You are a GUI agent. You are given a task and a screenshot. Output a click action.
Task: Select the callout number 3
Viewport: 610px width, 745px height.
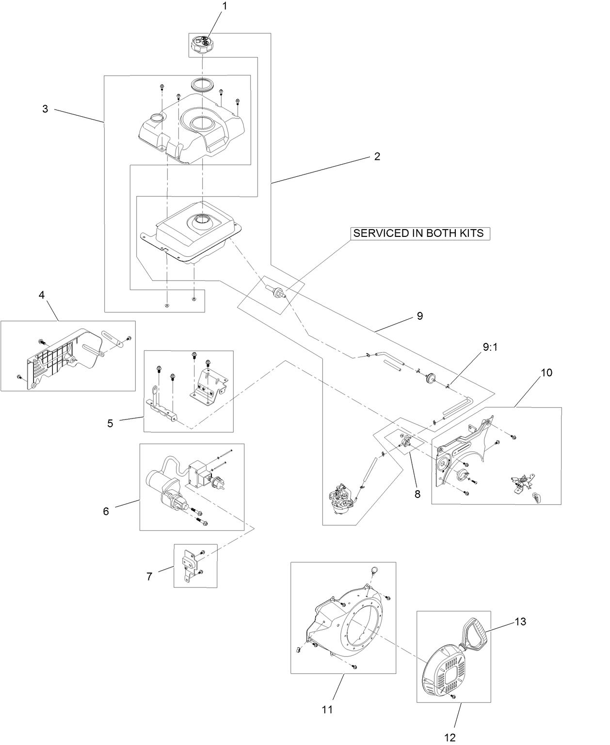point(45,109)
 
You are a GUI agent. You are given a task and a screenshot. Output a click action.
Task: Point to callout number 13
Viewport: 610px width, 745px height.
point(520,621)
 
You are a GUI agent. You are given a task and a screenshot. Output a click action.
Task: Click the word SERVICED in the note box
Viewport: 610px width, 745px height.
point(381,233)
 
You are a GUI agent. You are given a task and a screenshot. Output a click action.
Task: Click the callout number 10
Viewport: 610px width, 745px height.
point(533,372)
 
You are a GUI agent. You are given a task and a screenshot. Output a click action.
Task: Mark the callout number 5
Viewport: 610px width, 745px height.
point(110,423)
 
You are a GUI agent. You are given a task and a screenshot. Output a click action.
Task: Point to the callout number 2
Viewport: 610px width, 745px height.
point(377,156)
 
